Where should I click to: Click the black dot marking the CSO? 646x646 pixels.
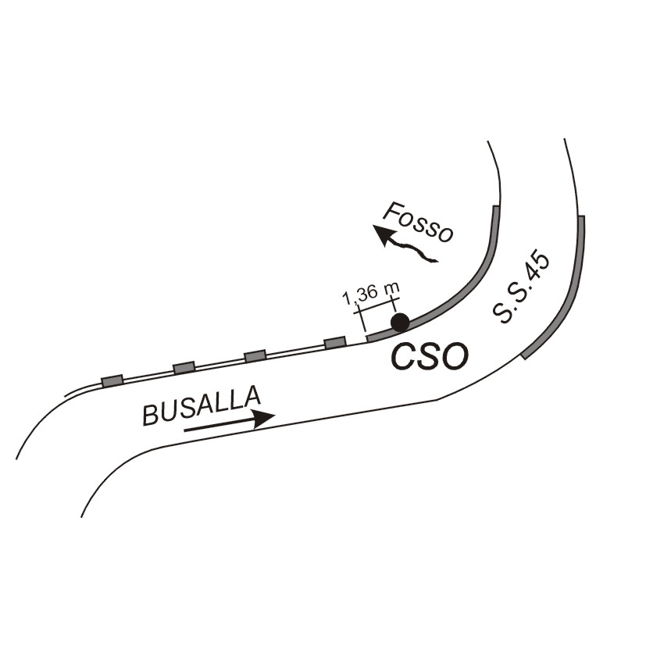[400, 323]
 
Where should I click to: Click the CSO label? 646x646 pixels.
[430, 356]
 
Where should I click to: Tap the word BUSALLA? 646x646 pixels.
[202, 405]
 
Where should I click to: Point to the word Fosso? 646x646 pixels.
[418, 222]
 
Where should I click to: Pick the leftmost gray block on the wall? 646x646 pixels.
[112, 380]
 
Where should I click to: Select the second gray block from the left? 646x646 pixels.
[184, 367]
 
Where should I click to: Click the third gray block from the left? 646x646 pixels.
[255, 355]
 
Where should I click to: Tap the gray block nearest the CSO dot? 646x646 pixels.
[335, 343]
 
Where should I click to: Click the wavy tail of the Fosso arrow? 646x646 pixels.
[414, 250]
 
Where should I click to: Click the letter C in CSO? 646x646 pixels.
[404, 356]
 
